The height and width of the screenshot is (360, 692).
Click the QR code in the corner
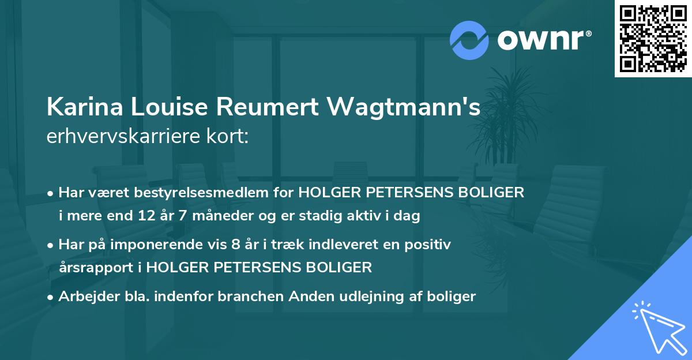653,39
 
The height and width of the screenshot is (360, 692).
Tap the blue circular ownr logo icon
469,40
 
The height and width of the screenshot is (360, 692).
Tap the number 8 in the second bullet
235,245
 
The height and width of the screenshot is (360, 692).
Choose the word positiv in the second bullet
430,245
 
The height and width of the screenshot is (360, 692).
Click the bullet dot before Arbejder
51,297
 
